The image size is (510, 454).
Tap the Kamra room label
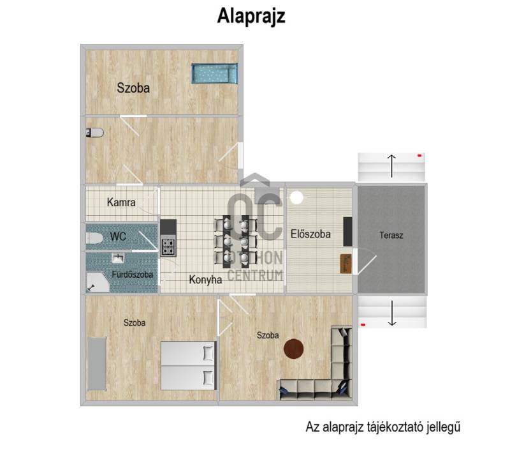click(x=121, y=202)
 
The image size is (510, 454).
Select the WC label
click(x=118, y=236)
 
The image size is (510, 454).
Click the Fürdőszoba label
click(x=133, y=275)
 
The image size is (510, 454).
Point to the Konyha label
click(x=205, y=280)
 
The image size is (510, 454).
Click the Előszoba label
click(x=310, y=234)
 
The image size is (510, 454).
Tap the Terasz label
click(x=391, y=235)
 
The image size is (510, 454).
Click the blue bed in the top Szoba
click(x=215, y=73)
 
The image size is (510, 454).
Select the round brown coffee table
click(x=294, y=349)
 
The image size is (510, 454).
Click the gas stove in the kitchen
click(x=168, y=246)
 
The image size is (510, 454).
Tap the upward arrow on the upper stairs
click(x=391, y=166)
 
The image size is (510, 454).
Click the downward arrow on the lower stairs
click(x=392, y=313)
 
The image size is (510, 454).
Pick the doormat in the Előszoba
click(x=346, y=264)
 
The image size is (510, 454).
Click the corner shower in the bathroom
click(x=98, y=282)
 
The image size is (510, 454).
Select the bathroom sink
click(x=118, y=258)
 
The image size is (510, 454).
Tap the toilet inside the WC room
click(x=94, y=238)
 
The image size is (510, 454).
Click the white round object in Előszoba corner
click(x=296, y=198)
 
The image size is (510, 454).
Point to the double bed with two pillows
click(x=189, y=365)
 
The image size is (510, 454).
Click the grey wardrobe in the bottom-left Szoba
click(x=97, y=364)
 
